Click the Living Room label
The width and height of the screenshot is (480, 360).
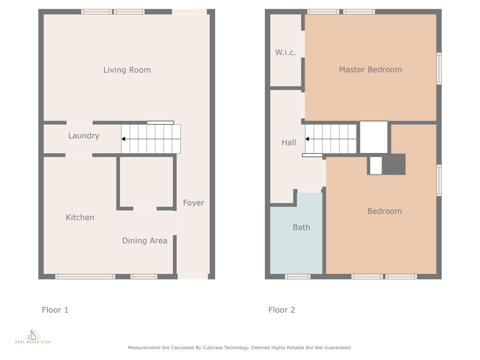(127, 70)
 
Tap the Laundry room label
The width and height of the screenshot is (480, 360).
(83, 136)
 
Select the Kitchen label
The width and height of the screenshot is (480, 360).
(80, 217)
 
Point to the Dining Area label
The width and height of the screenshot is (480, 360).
(145, 241)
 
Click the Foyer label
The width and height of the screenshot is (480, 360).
(194, 203)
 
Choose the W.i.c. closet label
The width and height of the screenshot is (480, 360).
(285, 52)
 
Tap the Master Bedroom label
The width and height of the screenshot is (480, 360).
(370, 70)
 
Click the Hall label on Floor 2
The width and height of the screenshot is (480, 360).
(289, 142)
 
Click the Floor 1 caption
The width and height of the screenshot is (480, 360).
(55, 310)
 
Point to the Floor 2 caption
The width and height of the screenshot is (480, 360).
(282, 310)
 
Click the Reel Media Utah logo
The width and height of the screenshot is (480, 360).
(33, 336)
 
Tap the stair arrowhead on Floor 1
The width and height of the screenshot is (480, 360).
(123, 139)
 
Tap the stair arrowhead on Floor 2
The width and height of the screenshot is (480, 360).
(307, 139)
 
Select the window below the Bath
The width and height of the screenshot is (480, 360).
(298, 277)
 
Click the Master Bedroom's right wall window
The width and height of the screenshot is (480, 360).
(439, 68)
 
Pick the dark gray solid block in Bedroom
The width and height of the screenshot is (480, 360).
(394, 165)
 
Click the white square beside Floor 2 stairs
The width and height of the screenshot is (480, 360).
(374, 137)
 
